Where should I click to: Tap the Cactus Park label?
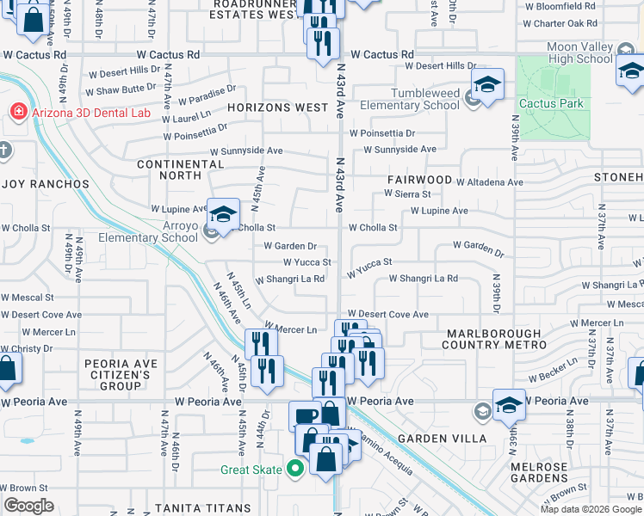(x=551, y=104)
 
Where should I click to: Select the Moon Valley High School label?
(x=579, y=53)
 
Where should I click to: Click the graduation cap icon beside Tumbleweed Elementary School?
(x=487, y=85)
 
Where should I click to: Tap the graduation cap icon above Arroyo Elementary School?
(x=223, y=215)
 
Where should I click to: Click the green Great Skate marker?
(x=295, y=469)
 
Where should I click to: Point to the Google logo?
(x=28, y=506)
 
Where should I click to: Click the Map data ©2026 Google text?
(x=590, y=509)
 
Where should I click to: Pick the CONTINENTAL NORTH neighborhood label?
(x=180, y=169)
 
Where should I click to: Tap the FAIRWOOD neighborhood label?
(x=419, y=180)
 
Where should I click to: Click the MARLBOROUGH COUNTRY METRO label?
(x=495, y=339)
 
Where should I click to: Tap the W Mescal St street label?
(x=27, y=297)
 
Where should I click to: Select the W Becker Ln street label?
(x=553, y=372)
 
